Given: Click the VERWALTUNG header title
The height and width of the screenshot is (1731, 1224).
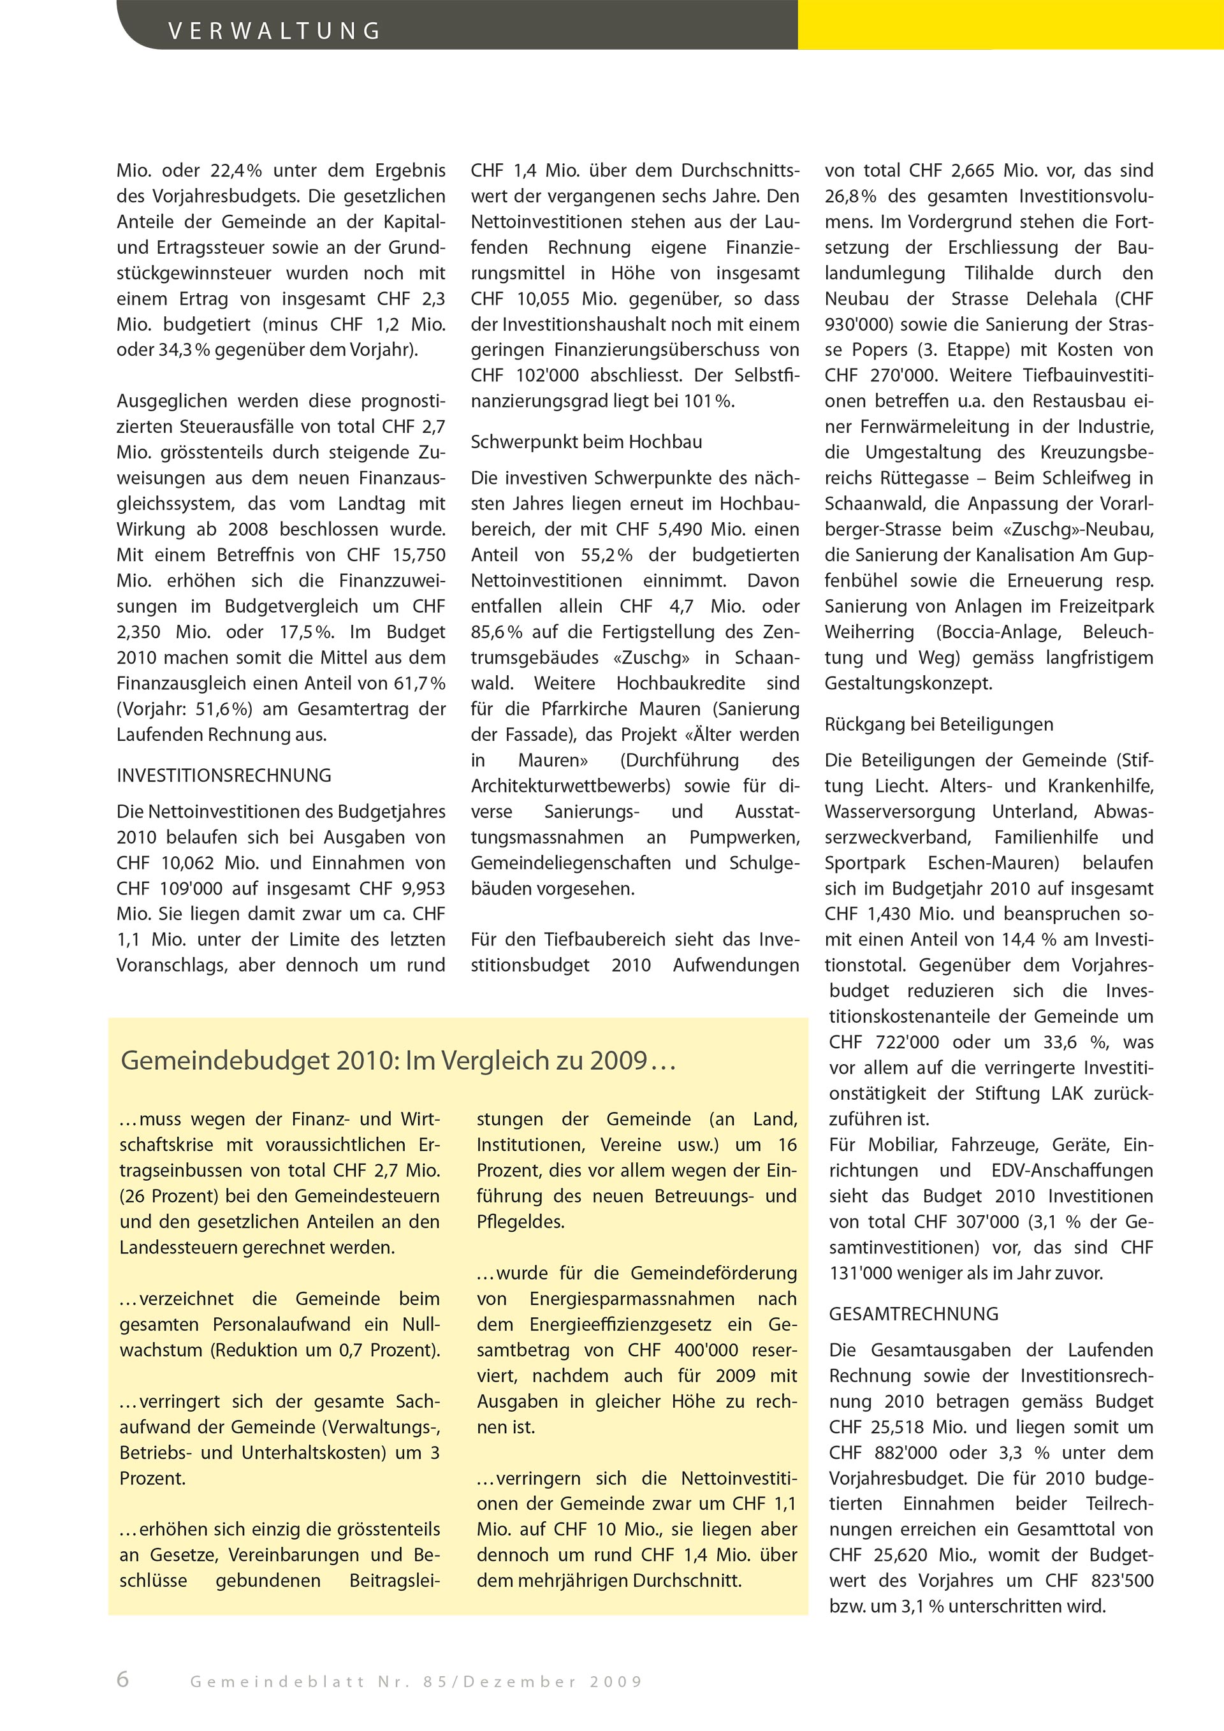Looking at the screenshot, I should (x=274, y=31).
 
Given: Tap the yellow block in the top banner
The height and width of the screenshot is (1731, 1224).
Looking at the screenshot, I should (x=1010, y=24).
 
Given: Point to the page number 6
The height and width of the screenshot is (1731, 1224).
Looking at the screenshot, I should (x=123, y=1680).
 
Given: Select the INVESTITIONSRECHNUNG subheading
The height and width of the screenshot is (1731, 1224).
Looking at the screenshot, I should (x=224, y=775).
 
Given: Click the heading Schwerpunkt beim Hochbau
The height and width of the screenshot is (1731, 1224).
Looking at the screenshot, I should (x=586, y=442).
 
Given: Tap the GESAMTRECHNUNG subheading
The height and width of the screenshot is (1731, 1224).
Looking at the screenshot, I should (x=914, y=1314).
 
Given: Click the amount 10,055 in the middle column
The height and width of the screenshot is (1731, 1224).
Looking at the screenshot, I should (x=541, y=298).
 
